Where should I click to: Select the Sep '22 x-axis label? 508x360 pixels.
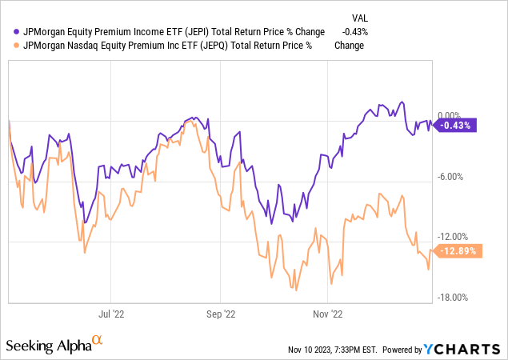click(x=221, y=314)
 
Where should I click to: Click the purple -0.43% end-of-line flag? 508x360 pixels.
click(x=455, y=124)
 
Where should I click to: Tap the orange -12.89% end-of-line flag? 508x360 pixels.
click(x=457, y=250)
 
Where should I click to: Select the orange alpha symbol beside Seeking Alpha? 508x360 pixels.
click(x=98, y=342)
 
